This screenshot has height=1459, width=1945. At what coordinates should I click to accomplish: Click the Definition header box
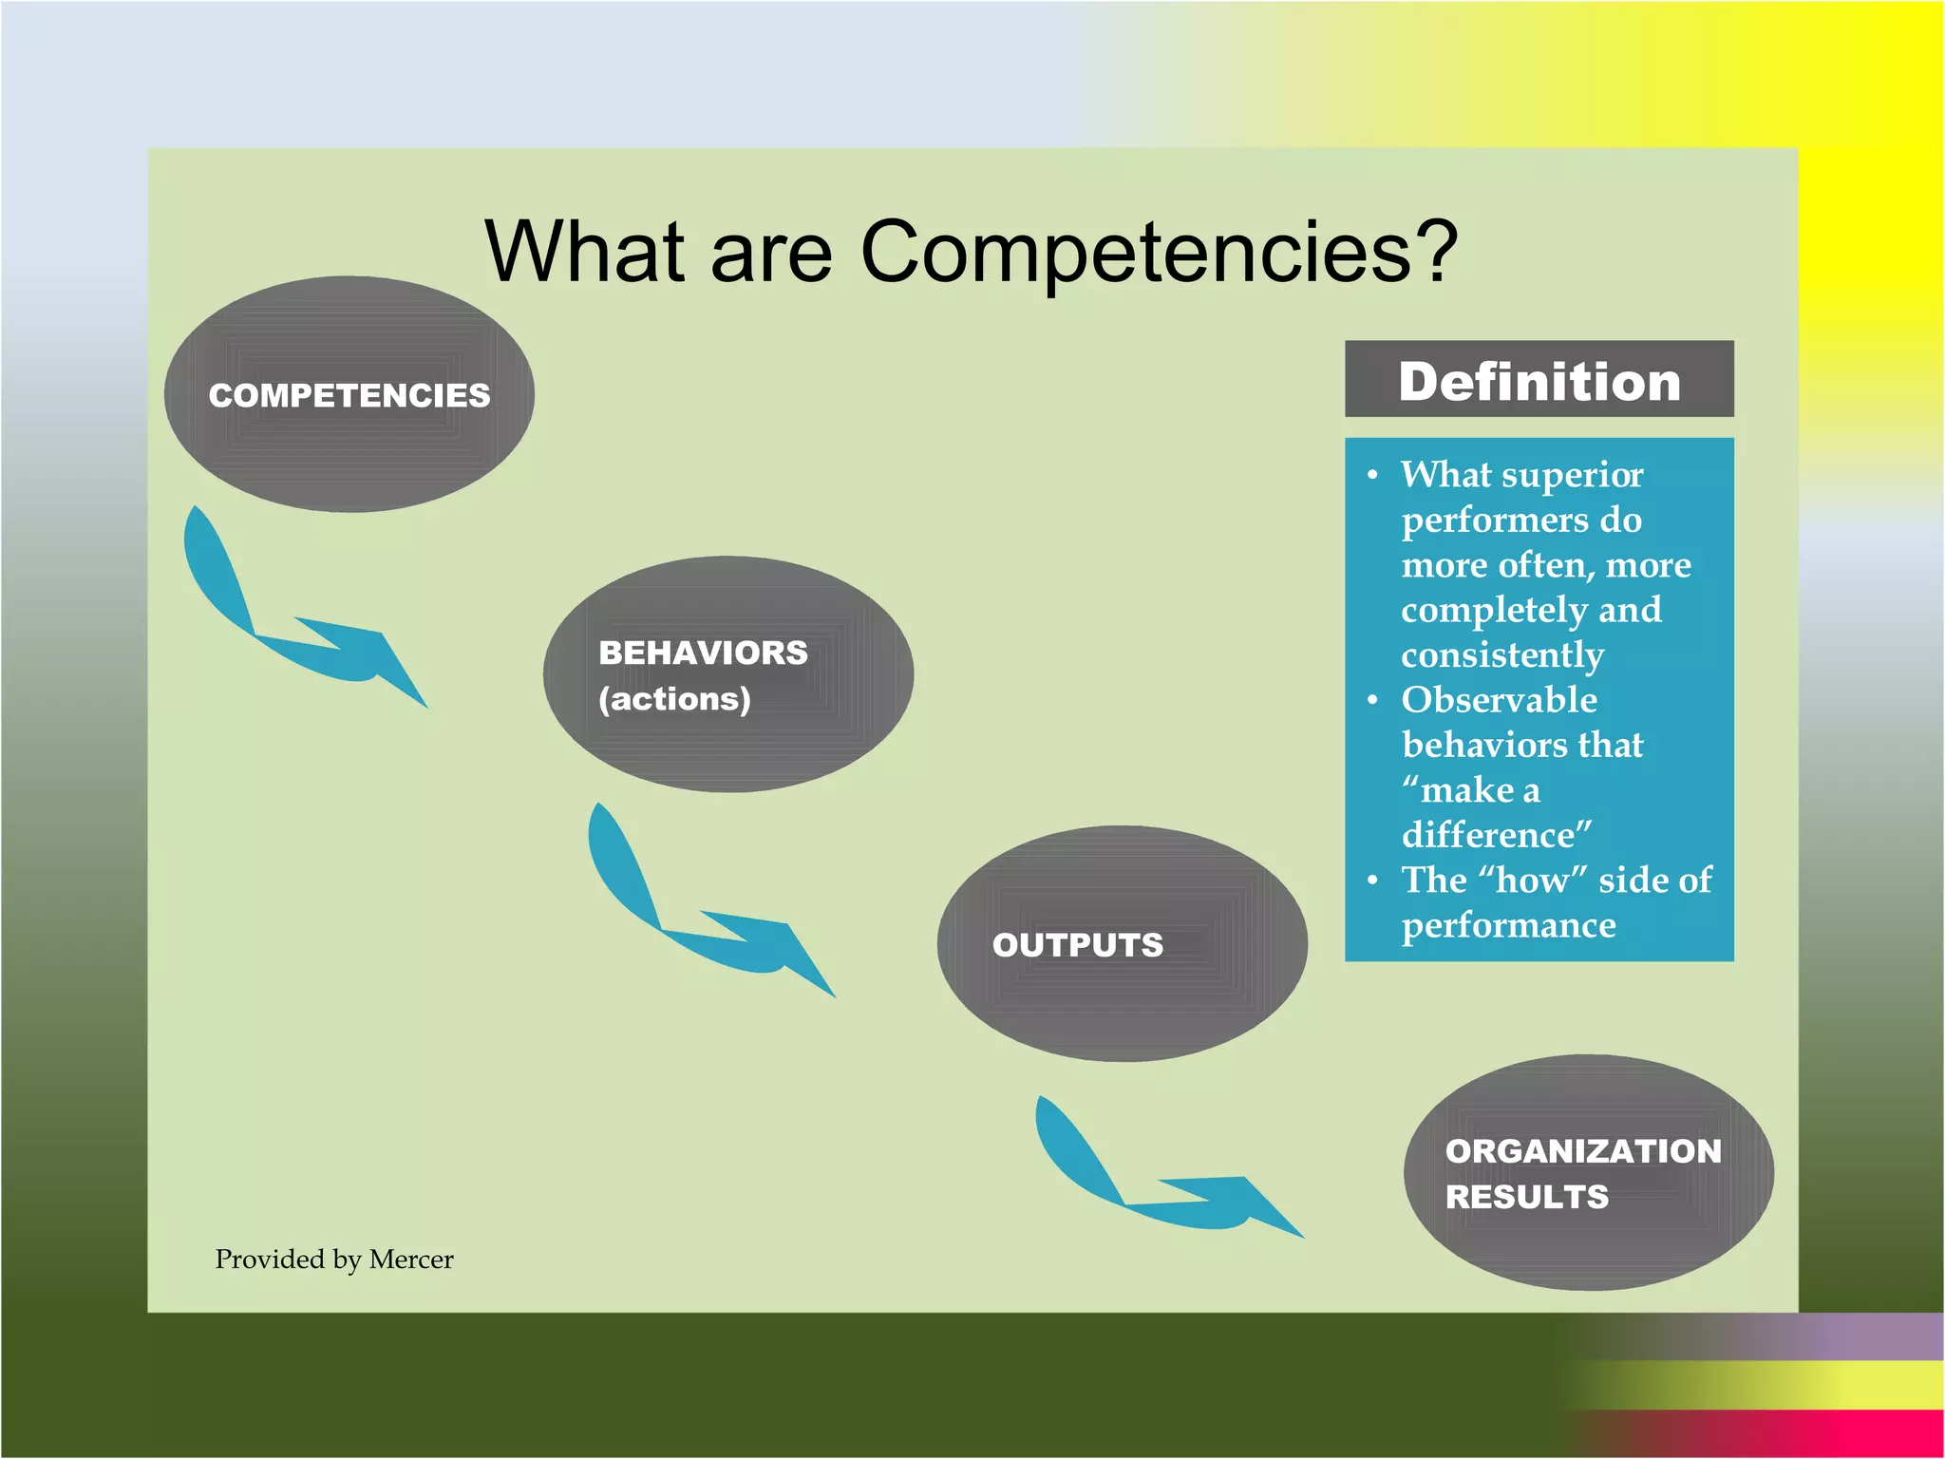[1539, 379]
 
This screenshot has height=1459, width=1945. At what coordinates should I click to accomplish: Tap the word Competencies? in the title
[1159, 251]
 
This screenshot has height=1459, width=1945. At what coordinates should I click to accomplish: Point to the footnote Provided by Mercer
[334, 1260]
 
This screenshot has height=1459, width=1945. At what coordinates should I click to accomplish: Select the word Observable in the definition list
[1499, 700]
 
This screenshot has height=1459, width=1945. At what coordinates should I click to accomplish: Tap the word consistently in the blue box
[1502, 655]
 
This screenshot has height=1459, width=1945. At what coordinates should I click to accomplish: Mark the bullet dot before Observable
[1372, 701]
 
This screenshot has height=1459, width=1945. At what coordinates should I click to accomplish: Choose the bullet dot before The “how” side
[1372, 881]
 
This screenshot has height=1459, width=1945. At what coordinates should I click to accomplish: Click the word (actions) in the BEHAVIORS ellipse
[674, 699]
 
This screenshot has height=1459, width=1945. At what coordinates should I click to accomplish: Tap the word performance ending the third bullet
[1508, 925]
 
